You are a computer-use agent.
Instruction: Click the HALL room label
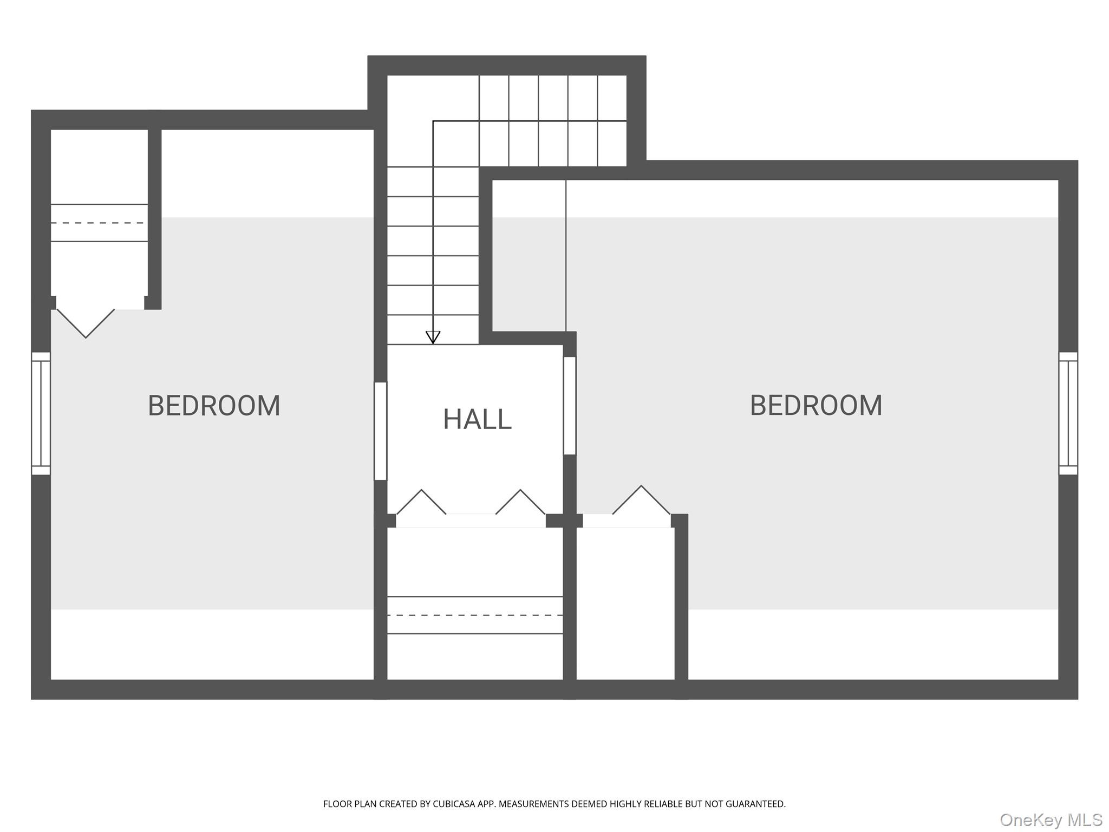click(477, 419)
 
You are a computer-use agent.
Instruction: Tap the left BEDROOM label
click(214, 406)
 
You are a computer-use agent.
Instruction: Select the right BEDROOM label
click(816, 406)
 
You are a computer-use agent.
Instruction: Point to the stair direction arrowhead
click(433, 337)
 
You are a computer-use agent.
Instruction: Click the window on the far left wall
click(41, 413)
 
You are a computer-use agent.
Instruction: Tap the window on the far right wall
click(1068, 413)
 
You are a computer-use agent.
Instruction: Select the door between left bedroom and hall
click(381, 431)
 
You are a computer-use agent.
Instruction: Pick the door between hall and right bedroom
click(570, 406)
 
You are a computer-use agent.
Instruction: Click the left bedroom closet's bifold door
click(86, 323)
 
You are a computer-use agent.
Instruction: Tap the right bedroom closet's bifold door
click(641, 500)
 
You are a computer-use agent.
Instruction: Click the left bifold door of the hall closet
click(421, 502)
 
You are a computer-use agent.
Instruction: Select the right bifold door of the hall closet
click(520, 502)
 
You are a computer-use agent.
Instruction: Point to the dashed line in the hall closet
click(475, 615)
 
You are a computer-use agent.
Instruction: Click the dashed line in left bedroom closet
click(99, 223)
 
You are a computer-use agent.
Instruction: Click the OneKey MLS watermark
click(1051, 820)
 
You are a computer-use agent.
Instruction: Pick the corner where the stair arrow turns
click(433, 121)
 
